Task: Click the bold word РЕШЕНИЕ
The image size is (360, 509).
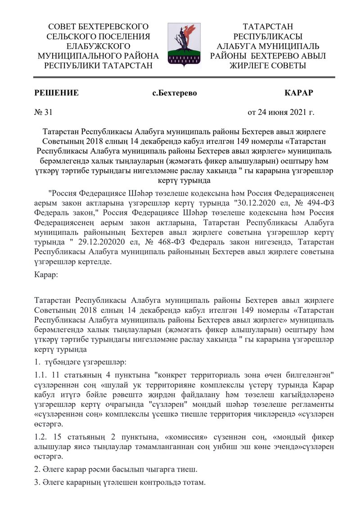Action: tap(57, 93)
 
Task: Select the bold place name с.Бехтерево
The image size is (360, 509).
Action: tap(175, 93)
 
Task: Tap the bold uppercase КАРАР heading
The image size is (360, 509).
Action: tap(299, 93)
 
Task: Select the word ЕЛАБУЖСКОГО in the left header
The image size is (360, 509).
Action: tap(98, 46)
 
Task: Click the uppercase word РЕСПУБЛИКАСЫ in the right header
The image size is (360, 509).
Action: tap(268, 37)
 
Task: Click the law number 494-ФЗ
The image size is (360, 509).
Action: tap(318, 203)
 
